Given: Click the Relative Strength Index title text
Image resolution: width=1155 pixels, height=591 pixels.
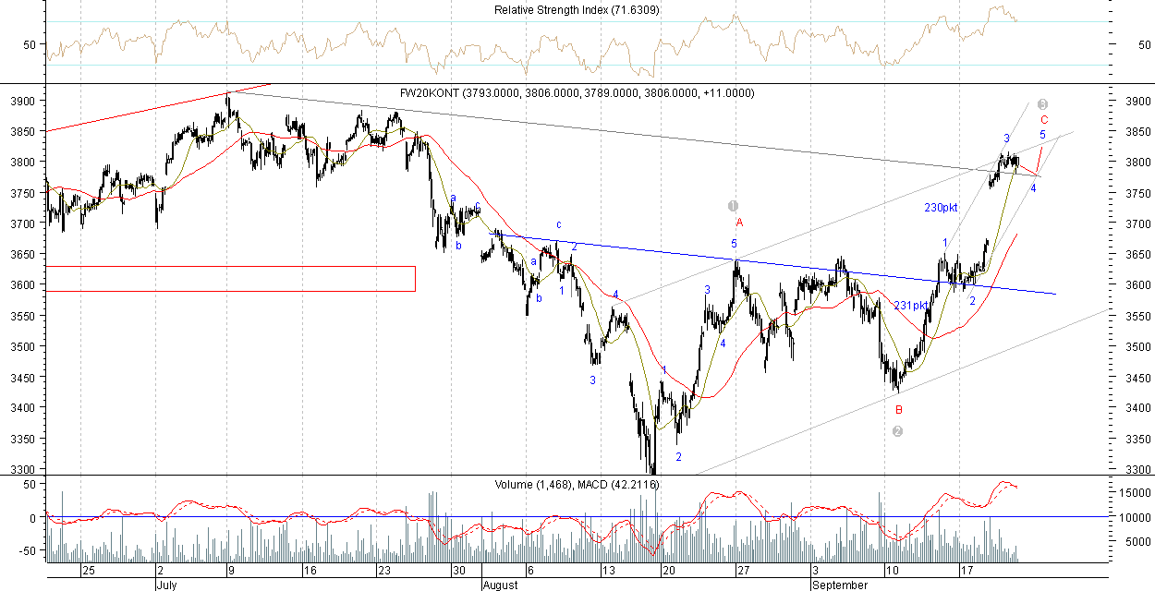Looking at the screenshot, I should (x=576, y=10).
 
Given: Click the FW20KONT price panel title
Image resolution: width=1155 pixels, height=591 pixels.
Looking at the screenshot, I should (x=577, y=93).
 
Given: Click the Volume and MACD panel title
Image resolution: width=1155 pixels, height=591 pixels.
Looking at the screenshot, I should (x=576, y=484).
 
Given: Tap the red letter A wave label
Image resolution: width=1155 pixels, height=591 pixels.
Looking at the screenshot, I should (x=739, y=223).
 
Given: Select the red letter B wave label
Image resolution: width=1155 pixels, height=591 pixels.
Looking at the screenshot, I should (x=898, y=409).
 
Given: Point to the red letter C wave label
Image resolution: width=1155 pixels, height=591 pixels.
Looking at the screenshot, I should (x=1044, y=120).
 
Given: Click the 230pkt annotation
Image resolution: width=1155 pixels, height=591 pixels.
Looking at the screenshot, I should (x=941, y=208).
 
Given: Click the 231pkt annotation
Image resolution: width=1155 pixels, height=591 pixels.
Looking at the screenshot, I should (x=910, y=306).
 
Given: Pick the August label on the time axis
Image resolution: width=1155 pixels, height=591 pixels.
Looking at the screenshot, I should (x=501, y=585).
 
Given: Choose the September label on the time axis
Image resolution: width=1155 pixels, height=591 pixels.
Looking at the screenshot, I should (x=840, y=585).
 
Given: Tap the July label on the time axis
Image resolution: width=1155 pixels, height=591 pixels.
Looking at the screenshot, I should (x=166, y=585).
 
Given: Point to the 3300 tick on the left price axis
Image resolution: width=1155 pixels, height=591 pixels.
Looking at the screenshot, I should (x=22, y=470).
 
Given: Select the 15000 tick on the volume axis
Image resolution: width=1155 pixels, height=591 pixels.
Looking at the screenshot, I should (x=1131, y=494).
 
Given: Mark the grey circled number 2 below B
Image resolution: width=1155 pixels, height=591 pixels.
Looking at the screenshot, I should (x=897, y=431).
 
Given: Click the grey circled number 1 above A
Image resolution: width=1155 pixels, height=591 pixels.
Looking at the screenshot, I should (x=734, y=206).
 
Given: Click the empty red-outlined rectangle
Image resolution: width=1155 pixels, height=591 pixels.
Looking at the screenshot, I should (x=230, y=279).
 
